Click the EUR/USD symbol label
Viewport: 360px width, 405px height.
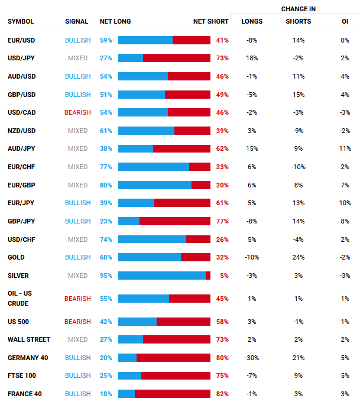click(x=21, y=40)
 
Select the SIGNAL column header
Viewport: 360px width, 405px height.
click(x=77, y=22)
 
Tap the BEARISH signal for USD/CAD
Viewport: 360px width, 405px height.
click(x=78, y=112)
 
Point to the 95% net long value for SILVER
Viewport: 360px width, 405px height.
click(x=106, y=276)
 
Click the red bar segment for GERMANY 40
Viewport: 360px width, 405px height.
click(x=173, y=358)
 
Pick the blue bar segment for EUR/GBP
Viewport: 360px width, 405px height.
click(x=155, y=185)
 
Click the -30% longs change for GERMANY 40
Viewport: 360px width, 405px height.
click(x=252, y=358)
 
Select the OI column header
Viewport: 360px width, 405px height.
click(x=345, y=22)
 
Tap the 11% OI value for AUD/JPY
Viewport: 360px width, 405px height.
click(x=345, y=149)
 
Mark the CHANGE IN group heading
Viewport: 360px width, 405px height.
click(x=298, y=9)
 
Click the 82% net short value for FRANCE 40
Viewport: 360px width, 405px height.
click(x=222, y=394)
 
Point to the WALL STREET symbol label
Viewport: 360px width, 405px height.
click(x=29, y=340)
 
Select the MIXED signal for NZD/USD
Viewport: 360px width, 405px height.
click(x=78, y=131)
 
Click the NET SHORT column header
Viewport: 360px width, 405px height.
click(x=210, y=22)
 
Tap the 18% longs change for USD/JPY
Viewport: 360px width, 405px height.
click(x=252, y=58)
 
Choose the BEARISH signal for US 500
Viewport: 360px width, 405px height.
click(x=78, y=322)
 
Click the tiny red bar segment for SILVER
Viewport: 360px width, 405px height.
click(x=208, y=276)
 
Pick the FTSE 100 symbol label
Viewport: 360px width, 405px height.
click(x=22, y=376)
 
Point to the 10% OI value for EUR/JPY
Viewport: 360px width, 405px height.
click(x=345, y=203)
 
